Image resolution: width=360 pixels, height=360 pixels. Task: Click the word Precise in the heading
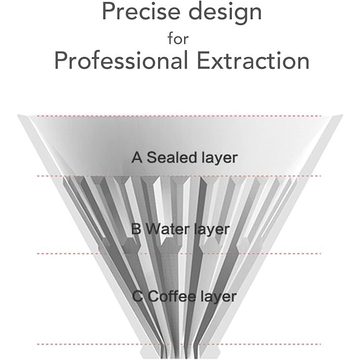141,11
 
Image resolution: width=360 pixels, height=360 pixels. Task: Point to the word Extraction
253,60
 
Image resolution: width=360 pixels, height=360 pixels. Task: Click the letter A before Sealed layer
137,158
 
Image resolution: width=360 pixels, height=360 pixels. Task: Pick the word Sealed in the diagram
172,158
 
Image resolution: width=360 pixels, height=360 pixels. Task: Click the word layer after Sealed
220,159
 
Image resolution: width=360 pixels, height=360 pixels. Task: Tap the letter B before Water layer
136,229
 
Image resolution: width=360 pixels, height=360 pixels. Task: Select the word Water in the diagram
168,229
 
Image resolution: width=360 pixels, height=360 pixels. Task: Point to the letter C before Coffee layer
137,296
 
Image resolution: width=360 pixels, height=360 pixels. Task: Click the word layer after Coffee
219,297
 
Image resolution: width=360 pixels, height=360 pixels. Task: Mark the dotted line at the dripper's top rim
179,116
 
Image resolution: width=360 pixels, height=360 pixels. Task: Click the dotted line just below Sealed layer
179,176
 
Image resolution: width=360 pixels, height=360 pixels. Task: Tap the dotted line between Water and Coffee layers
179,253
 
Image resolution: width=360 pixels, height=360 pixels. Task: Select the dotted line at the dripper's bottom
179,344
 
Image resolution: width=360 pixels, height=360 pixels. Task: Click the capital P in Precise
108,11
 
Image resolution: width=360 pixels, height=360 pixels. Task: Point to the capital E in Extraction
203,60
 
